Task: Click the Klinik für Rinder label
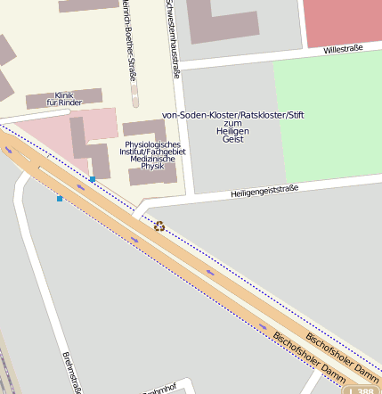[64, 99]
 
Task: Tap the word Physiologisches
[152, 144]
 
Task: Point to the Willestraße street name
[343, 50]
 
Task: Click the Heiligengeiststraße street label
[264, 190]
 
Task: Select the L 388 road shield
[361, 390]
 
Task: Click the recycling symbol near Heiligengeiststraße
[159, 226]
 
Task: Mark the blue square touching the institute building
[93, 179]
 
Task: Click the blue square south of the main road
[60, 198]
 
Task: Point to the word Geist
[232, 139]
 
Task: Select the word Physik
[152, 166]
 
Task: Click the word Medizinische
[152, 159]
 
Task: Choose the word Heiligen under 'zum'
[232, 131]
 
